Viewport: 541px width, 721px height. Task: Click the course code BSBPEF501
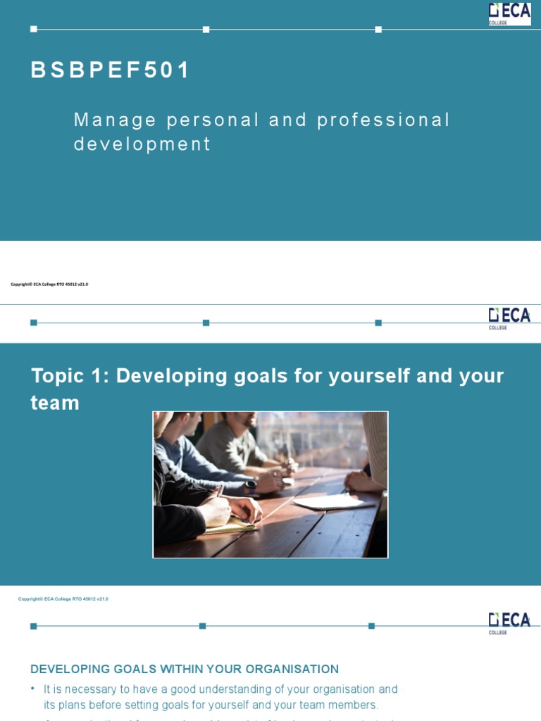pyautogui.click(x=111, y=70)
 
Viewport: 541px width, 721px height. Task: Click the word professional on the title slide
pyautogui.click(x=383, y=120)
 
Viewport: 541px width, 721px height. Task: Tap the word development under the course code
pyautogui.click(x=142, y=144)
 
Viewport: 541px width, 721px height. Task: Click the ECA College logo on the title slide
pyautogui.click(x=509, y=13)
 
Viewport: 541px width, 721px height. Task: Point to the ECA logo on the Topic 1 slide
pyautogui.click(x=509, y=318)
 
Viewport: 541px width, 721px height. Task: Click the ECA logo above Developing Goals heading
pyautogui.click(x=509, y=622)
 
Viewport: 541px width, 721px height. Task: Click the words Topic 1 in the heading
pyautogui.click(x=69, y=376)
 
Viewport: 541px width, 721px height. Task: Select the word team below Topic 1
pyautogui.click(x=55, y=403)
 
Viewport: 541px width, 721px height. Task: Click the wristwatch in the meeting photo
pyautogui.click(x=251, y=484)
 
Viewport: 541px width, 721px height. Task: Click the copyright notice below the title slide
pyautogui.click(x=49, y=284)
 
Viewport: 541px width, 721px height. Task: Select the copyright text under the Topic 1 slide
pyautogui.click(x=63, y=599)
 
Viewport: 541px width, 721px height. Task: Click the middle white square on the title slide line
pyautogui.click(x=206, y=30)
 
